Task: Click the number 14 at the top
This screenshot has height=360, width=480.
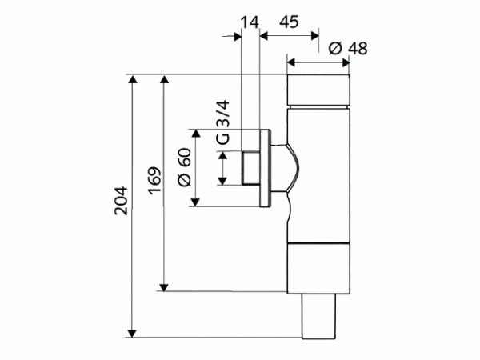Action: (x=249, y=22)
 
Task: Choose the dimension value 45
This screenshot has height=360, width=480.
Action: (x=289, y=22)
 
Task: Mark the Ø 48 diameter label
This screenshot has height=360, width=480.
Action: (x=347, y=48)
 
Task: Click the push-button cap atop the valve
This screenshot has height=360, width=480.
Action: (x=318, y=91)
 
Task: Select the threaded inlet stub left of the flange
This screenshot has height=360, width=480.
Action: (x=249, y=168)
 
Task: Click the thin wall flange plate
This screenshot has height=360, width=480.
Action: (x=265, y=167)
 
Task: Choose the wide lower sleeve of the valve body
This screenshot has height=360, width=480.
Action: (x=318, y=268)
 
